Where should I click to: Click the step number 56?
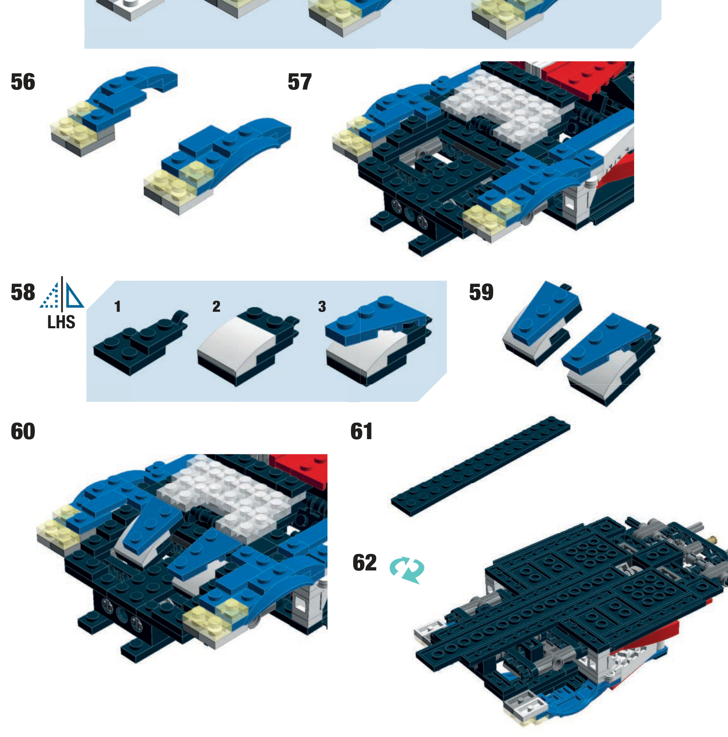pyautogui.click(x=23, y=82)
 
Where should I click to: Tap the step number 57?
pyautogui.click(x=300, y=82)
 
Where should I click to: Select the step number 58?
pyautogui.click(x=23, y=292)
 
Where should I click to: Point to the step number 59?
pyautogui.click(x=481, y=292)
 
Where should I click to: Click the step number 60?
pyautogui.click(x=23, y=431)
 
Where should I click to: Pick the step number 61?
pyautogui.click(x=361, y=431)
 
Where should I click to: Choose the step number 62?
pyautogui.click(x=364, y=563)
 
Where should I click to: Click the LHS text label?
pyautogui.click(x=61, y=322)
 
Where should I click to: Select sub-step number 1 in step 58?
pyautogui.click(x=117, y=307)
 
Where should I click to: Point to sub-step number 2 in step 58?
pyautogui.click(x=216, y=307)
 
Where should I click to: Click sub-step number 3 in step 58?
pyautogui.click(x=322, y=307)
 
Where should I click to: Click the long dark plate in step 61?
pyautogui.click(x=481, y=466)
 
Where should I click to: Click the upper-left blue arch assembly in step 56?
pyautogui.click(x=113, y=109)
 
